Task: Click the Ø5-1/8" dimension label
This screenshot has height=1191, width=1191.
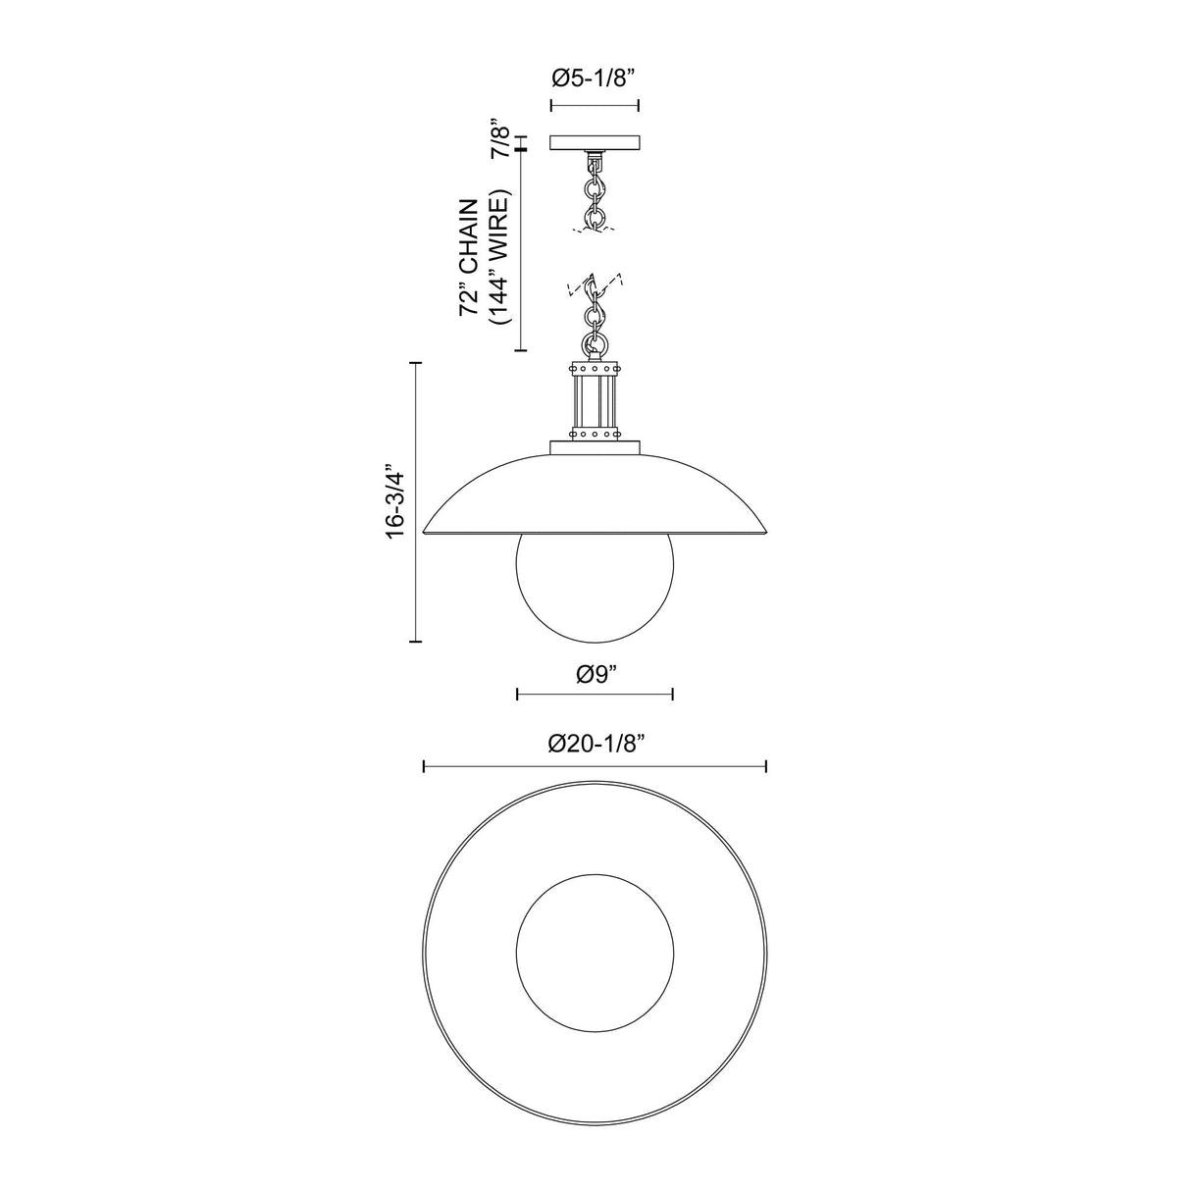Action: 595,78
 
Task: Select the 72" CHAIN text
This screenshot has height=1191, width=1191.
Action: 472,257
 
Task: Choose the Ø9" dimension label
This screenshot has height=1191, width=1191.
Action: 595,674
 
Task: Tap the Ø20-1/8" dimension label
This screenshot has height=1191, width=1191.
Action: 595,745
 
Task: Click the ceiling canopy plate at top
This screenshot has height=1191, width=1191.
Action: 595,142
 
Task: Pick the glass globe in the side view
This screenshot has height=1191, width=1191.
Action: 595,587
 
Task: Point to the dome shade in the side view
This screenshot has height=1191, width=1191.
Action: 595,495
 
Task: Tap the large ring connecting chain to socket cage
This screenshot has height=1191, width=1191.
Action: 594,345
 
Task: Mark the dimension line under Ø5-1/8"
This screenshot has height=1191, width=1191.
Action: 595,105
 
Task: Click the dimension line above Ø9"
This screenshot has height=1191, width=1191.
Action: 595,695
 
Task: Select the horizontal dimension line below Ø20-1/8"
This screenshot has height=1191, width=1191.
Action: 595,766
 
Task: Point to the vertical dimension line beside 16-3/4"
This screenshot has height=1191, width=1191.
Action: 420,501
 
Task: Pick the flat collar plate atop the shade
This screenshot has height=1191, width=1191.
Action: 595,449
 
